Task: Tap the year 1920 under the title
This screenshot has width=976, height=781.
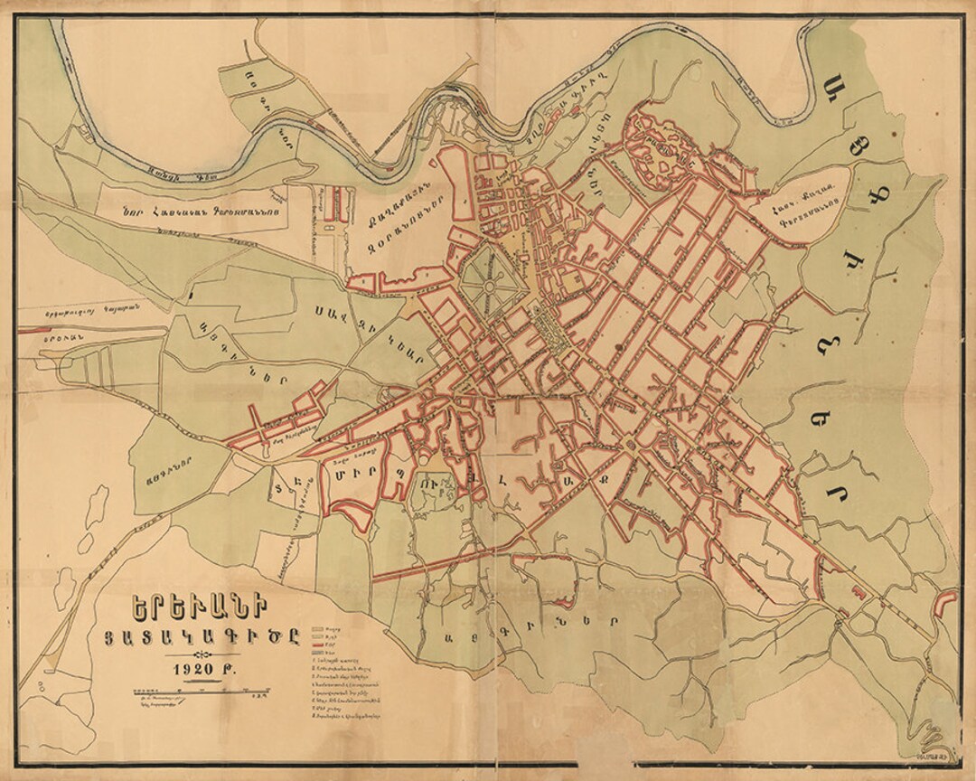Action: [x=192, y=671]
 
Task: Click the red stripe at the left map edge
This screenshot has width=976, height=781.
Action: [x=30, y=331]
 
